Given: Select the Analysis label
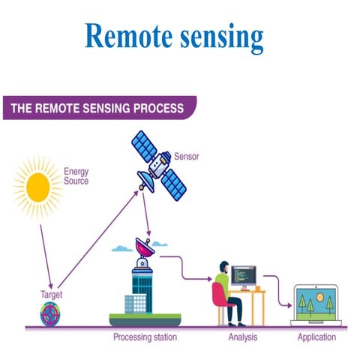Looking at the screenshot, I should [x=242, y=337].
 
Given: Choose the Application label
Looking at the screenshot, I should [x=316, y=337].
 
